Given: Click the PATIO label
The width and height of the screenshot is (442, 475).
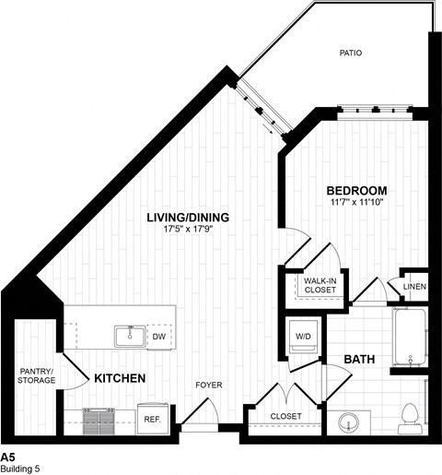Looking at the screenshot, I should click(x=349, y=53).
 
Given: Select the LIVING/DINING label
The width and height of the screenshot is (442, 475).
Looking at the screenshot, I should click(x=188, y=218).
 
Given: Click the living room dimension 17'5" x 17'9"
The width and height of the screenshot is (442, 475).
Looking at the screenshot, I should click(x=188, y=231).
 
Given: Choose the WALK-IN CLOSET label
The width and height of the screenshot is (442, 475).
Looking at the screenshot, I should click(x=313, y=285).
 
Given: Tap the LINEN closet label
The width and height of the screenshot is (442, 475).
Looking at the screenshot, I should click(x=414, y=288).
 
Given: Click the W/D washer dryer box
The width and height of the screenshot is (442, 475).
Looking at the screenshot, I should click(x=303, y=335).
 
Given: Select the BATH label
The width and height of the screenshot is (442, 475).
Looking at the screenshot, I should click(x=359, y=358).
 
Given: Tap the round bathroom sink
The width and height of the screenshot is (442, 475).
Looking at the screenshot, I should click(x=349, y=423).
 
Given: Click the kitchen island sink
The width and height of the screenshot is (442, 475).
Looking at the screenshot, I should click(x=127, y=336).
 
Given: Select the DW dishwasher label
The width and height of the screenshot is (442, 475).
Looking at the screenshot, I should click(x=158, y=337).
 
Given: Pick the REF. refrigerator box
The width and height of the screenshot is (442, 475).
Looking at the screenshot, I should click(x=151, y=418).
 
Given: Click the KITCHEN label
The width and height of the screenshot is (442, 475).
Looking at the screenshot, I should click(x=118, y=378).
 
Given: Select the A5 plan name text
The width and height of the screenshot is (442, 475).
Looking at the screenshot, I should click(x=8, y=457).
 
